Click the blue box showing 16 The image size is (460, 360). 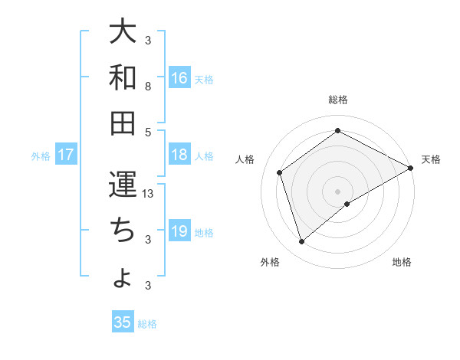pos(179,77)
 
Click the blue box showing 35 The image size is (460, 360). pos(123,322)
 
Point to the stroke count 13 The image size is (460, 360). pos(149,194)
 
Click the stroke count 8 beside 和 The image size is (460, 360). pos(148,87)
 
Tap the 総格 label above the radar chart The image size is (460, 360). pos(338,100)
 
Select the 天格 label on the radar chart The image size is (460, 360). pos(431,159)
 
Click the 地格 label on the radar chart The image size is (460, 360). pos(402,262)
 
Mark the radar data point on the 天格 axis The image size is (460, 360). pos(411,168)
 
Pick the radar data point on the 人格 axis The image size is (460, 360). pos(280,172)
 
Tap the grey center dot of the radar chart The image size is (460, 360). pos(338,191)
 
